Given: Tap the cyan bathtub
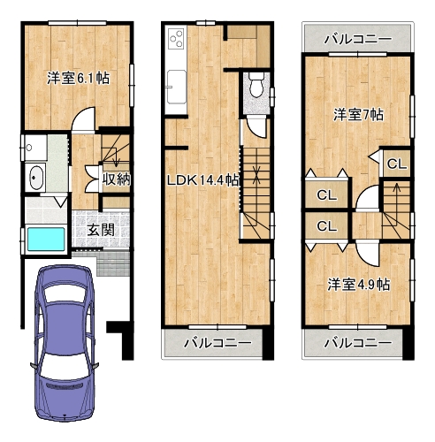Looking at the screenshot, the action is (46, 240).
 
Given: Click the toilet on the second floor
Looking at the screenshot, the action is (256, 86).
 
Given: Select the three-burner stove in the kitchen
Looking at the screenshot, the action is (177, 39).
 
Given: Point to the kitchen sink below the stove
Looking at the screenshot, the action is (177, 87).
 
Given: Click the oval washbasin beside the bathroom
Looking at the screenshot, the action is (36, 178).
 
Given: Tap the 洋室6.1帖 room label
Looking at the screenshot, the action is (79, 79).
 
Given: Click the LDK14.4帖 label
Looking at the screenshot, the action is (203, 180).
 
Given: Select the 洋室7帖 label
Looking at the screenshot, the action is (358, 115).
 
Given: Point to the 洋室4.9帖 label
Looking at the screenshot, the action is (359, 285).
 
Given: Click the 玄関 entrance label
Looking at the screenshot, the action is (101, 230).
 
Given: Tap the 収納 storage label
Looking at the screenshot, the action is (116, 179).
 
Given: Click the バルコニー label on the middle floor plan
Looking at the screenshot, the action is (217, 343).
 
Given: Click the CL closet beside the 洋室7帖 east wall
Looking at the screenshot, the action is (397, 164).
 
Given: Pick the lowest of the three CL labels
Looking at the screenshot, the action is (326, 226).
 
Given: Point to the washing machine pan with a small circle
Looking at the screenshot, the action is (34, 148).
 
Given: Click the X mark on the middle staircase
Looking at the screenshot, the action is (256, 173).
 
